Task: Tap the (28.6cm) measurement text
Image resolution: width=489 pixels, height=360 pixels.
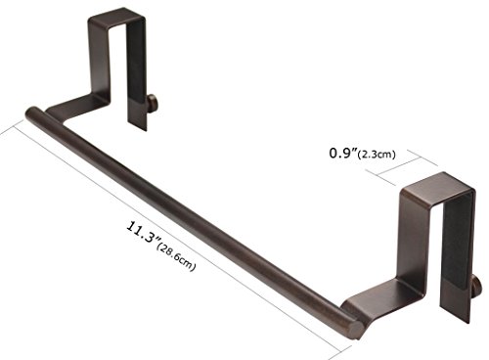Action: coord(177,256)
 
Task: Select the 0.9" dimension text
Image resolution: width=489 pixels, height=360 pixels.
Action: coord(342,153)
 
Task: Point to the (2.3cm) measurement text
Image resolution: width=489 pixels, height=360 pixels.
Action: coord(377,154)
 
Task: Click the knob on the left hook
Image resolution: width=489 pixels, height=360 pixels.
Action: coord(153,102)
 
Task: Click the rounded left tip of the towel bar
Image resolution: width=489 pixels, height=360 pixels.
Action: coord(30,112)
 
